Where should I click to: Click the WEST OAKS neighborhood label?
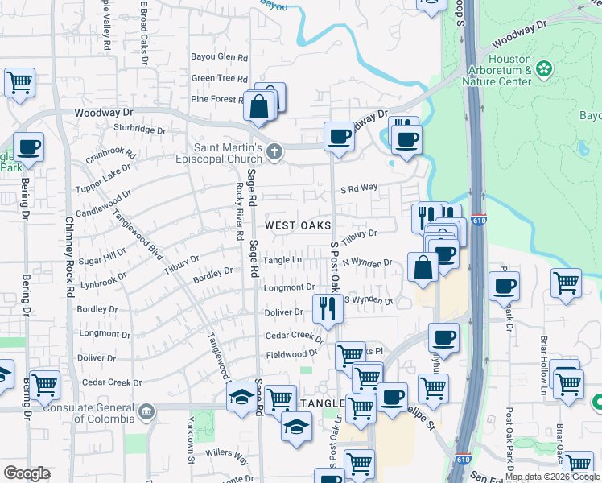tap(299, 225)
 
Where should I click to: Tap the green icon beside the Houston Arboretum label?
tap(545, 69)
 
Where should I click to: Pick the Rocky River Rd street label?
tap(239, 212)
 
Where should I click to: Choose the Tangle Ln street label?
tap(281, 260)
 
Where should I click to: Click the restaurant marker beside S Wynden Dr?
tap(327, 308)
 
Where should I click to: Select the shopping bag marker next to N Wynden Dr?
tap(423, 267)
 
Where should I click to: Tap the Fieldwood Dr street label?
tap(292, 354)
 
